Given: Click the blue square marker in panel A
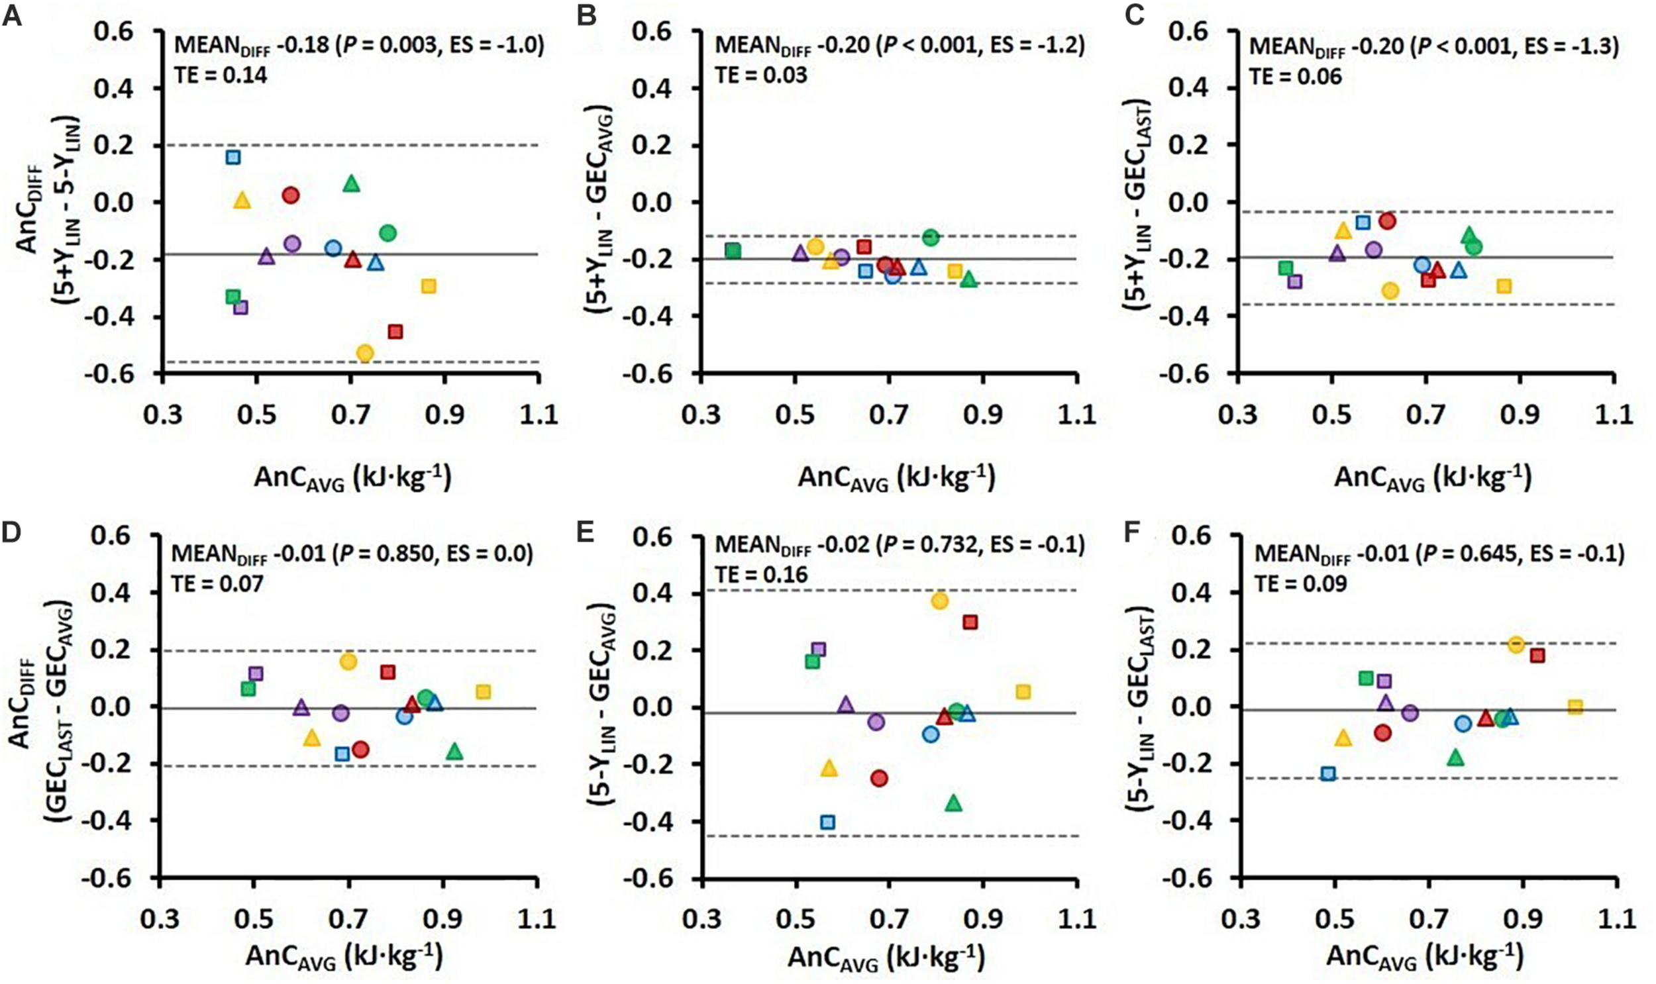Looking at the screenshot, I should tap(233, 157).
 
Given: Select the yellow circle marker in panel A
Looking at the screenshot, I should tap(365, 353).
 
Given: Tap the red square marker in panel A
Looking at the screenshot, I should tap(395, 332).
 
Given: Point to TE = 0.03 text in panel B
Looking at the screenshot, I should tap(760, 75).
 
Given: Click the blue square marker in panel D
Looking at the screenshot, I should tap(342, 754).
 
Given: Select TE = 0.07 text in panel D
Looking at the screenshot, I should tap(218, 583).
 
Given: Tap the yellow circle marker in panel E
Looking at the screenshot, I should tap(940, 601).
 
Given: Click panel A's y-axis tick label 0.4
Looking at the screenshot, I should tap(114, 89).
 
